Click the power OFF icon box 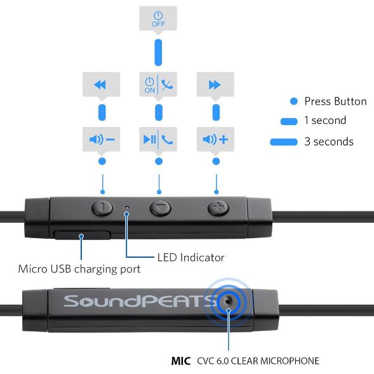point(158,18)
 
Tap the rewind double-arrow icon point(100,84)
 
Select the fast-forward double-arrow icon point(215,84)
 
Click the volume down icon point(102,139)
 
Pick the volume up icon point(215,139)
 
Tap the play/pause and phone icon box point(158,139)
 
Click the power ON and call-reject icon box point(158,84)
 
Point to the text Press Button point(336,102)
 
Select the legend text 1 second point(325,120)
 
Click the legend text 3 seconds point(329,142)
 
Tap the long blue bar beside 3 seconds point(284,142)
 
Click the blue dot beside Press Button point(294,102)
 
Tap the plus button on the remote point(218,208)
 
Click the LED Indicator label point(191,258)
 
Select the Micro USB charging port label point(79,269)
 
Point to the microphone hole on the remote point(228,302)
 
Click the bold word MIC point(181,361)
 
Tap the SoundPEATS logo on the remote point(141,301)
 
